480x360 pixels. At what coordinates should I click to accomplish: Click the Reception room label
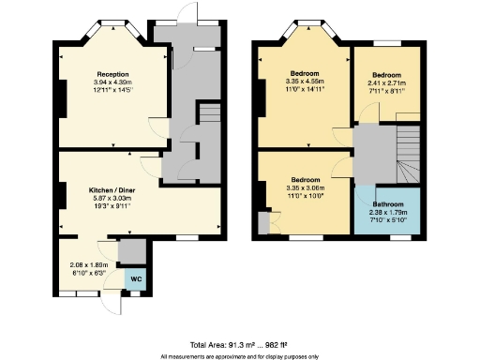pos(112,74)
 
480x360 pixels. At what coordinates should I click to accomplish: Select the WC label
pos(135,278)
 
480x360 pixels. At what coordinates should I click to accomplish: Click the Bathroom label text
pos(386,204)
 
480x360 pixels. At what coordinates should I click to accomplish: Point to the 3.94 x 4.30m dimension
pos(112,82)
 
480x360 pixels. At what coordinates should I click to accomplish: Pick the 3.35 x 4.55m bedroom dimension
pos(307,82)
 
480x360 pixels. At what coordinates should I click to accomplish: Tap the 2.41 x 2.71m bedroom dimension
pos(386,82)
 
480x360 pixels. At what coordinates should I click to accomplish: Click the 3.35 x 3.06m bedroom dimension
pos(307,187)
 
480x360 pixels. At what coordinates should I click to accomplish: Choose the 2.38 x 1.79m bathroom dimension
pos(386,213)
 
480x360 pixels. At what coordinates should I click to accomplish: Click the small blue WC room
pos(135,279)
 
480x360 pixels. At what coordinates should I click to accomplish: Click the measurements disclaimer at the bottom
pos(239,356)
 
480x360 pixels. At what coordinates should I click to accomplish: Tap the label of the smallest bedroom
pos(386,74)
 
